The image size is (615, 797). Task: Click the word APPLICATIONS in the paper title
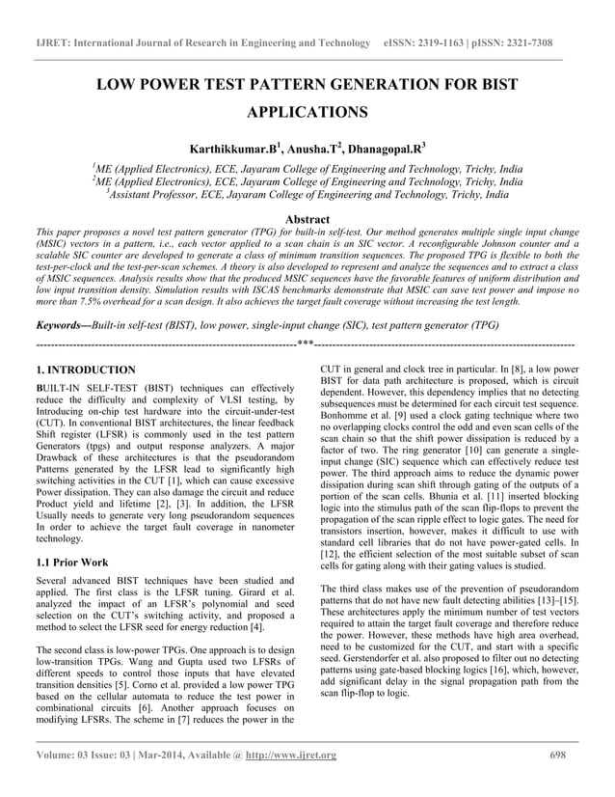[x=307, y=113]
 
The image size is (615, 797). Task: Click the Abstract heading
[x=307, y=219]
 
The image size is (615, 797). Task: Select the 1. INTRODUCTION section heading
[x=85, y=370]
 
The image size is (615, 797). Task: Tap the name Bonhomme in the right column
[x=346, y=445]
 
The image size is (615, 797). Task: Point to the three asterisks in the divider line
[x=306, y=344]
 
